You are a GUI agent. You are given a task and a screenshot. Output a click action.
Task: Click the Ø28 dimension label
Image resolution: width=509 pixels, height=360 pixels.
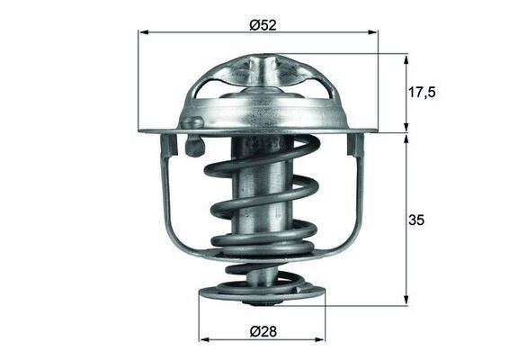262,329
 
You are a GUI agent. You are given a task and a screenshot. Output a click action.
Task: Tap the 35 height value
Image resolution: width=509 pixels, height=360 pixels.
415,219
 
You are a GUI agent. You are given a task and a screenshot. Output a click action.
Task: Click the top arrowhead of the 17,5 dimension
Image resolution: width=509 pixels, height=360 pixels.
406,58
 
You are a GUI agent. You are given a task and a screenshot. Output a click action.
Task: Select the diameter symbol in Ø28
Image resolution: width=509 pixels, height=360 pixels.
254,329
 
